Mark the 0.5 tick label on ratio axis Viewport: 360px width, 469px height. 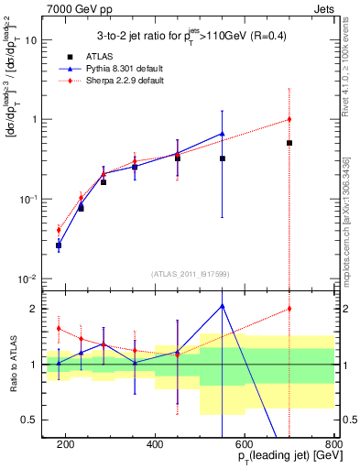pyautogui.click(x=30, y=420)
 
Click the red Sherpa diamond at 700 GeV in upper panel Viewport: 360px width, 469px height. pyautogui.click(x=289, y=119)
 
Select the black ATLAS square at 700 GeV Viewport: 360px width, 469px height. pyautogui.click(x=289, y=143)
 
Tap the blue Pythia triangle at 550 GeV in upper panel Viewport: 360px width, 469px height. pyautogui.click(x=223, y=134)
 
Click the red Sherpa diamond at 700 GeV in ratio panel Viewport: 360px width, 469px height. pyautogui.click(x=289, y=309)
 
